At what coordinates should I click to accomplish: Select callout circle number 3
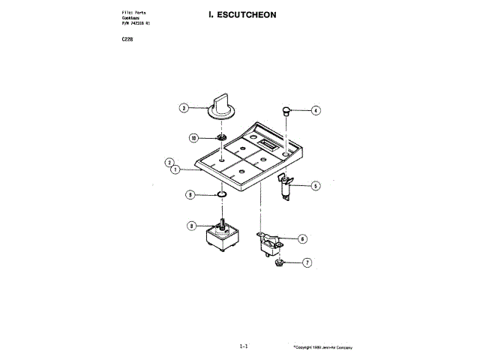click(x=183, y=108)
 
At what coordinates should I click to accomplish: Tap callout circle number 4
click(x=316, y=110)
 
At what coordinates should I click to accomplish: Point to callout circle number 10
click(x=193, y=138)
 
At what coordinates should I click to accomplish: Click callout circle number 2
click(x=170, y=162)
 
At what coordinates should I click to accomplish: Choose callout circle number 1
click(x=175, y=169)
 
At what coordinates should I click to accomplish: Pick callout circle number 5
click(x=316, y=185)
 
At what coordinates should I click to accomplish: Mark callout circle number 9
click(x=190, y=195)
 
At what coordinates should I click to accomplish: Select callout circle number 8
click(x=191, y=225)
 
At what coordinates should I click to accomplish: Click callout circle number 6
click(x=302, y=239)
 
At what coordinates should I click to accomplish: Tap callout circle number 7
click(x=306, y=263)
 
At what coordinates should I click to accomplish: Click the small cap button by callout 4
click(x=286, y=110)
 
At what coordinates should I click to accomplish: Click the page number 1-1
click(x=243, y=346)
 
